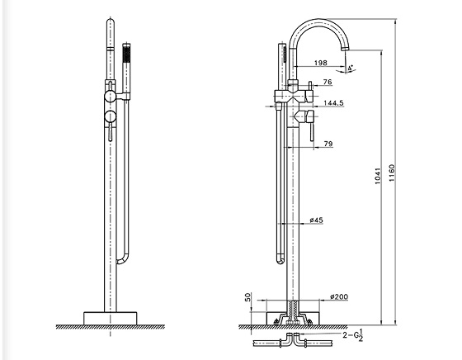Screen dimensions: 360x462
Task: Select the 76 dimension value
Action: click(x=327, y=82)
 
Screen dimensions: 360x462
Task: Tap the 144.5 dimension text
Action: click(x=335, y=104)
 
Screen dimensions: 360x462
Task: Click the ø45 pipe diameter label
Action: click(x=316, y=220)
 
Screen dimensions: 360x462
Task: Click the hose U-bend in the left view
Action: click(x=124, y=259)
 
